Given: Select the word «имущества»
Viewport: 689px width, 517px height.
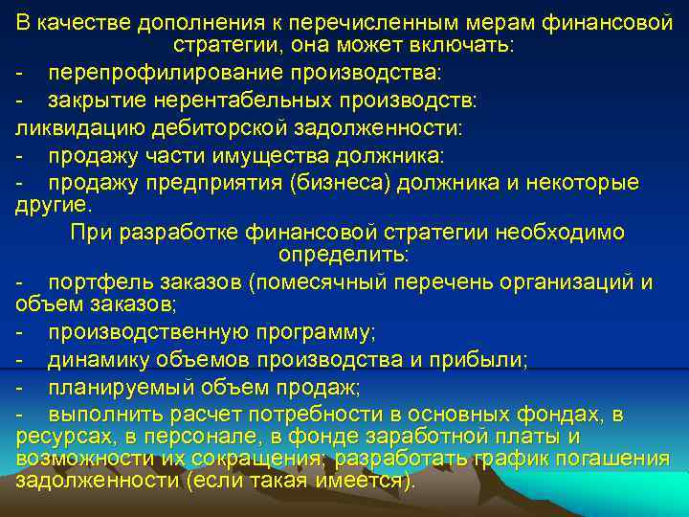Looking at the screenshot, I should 236,155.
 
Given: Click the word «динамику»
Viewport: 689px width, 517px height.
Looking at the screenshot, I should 100,359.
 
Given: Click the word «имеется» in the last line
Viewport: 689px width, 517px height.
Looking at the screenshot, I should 356,480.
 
